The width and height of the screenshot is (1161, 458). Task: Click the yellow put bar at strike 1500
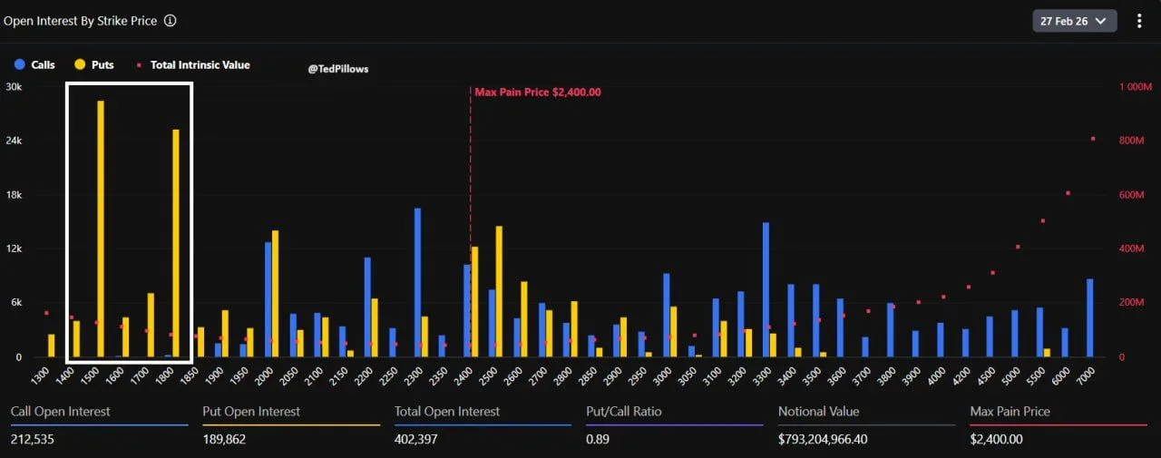coord(101,229)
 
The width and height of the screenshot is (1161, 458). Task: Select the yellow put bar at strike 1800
coord(176,243)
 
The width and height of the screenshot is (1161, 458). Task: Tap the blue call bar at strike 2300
coord(417,283)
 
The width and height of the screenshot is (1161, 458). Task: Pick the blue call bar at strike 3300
coord(766,289)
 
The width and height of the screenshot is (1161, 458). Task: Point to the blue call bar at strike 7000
coord(1089,317)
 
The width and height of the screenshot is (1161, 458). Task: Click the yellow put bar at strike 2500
coord(499,291)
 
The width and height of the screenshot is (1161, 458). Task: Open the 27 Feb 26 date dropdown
coord(1075,21)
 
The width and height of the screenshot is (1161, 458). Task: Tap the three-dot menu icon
coord(1140,21)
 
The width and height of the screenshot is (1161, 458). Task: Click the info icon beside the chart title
coord(171,21)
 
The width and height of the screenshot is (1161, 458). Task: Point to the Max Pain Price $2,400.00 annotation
coord(537,93)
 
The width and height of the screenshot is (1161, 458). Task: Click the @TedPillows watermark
coord(337,69)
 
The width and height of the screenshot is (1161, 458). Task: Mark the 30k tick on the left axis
coord(14,87)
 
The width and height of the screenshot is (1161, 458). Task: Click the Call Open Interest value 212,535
coord(32,439)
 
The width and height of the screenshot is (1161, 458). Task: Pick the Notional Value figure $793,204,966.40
coord(835,439)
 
